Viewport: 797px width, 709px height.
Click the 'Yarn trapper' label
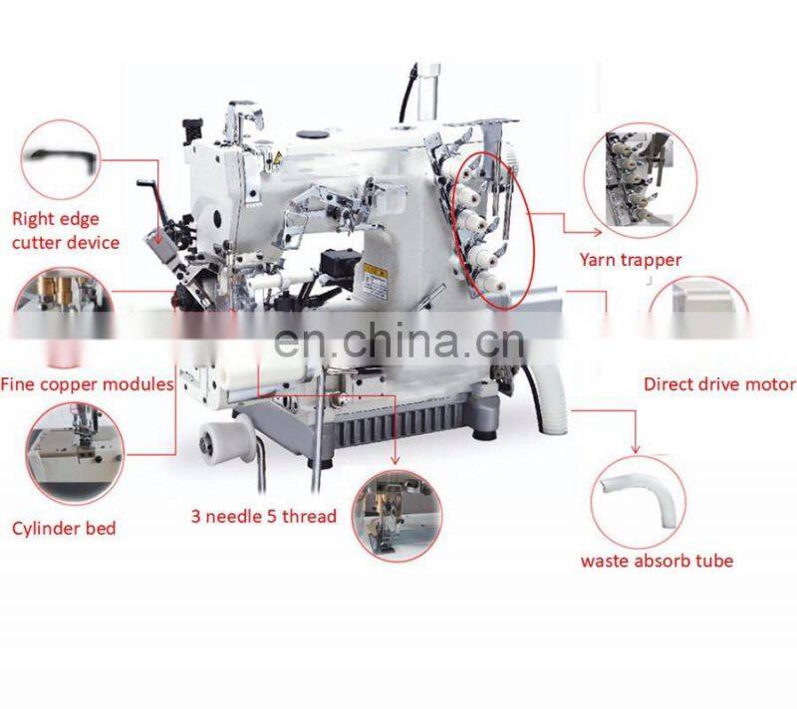point(631,260)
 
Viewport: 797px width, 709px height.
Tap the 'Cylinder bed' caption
point(64,529)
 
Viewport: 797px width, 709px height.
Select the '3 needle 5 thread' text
point(264,517)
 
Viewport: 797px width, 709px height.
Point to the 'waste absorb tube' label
point(657,561)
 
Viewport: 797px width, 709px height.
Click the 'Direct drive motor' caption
point(719,384)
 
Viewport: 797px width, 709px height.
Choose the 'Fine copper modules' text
point(87,384)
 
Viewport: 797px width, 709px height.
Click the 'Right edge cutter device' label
point(66,231)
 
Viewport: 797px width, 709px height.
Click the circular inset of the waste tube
point(638,502)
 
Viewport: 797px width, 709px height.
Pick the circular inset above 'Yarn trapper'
point(641,179)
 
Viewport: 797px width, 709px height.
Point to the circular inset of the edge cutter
point(61,159)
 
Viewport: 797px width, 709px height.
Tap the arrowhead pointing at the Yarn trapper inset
point(597,232)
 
